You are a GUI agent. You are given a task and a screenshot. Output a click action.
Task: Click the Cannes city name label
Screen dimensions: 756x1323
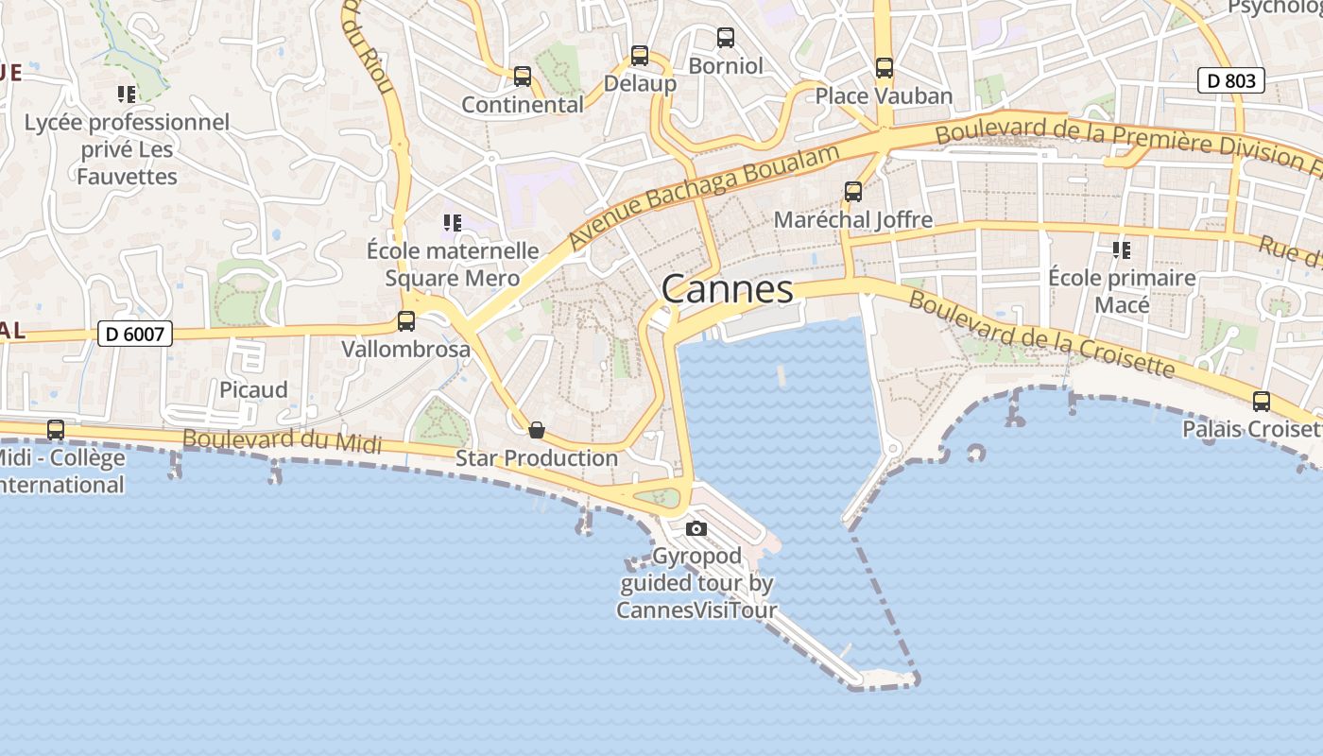point(727,288)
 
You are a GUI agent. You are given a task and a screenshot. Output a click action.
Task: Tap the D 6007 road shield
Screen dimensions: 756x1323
point(135,333)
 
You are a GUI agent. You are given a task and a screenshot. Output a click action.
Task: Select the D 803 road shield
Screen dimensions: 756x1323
point(1231,80)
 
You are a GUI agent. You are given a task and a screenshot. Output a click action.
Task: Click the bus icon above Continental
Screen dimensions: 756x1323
point(523,77)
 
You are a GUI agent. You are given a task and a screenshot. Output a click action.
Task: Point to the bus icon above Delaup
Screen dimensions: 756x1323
point(640,56)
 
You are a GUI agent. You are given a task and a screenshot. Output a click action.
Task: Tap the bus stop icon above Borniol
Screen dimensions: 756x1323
point(725,38)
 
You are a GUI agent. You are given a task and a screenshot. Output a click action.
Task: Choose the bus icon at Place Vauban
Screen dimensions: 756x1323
point(884,68)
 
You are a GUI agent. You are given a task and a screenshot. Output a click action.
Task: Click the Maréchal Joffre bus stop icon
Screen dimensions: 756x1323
point(852,192)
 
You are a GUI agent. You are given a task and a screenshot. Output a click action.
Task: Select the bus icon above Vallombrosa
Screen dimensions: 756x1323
point(405,321)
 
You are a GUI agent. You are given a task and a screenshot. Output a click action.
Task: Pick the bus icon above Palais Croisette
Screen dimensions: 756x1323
point(1261,402)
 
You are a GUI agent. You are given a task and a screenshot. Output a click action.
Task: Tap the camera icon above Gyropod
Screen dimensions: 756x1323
point(696,528)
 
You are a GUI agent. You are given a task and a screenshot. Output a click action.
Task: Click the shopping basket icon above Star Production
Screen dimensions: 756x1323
point(536,430)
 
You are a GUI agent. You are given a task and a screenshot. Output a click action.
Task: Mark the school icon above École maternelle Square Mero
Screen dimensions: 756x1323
point(452,223)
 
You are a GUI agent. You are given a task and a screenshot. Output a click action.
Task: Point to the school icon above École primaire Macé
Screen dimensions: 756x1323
point(1122,250)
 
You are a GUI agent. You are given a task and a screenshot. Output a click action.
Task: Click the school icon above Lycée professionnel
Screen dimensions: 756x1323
point(126,94)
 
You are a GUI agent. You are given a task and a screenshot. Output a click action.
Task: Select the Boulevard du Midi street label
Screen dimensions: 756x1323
point(282,440)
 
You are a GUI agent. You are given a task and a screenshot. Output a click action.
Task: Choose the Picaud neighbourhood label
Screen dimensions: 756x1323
point(253,389)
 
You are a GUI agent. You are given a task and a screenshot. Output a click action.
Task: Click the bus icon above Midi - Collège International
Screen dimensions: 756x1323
point(56,430)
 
